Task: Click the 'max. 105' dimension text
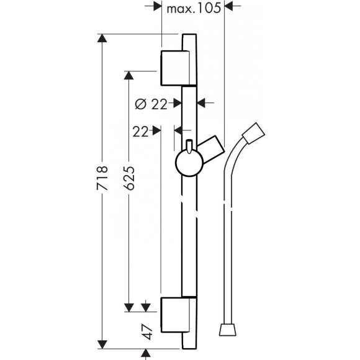pyautogui.click(x=194, y=9)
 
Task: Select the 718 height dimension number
pyautogui.click(x=102, y=178)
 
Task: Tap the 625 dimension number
pyautogui.click(x=129, y=178)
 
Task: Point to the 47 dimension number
pyautogui.click(x=147, y=331)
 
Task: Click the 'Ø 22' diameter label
pyautogui.click(x=151, y=104)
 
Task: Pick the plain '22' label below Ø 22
pyautogui.click(x=140, y=132)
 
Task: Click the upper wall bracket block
pyautogui.click(x=176, y=68)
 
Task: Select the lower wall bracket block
pyautogui.click(x=176, y=315)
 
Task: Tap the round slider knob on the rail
pyautogui.click(x=189, y=163)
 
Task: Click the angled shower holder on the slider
pyautogui.click(x=211, y=149)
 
